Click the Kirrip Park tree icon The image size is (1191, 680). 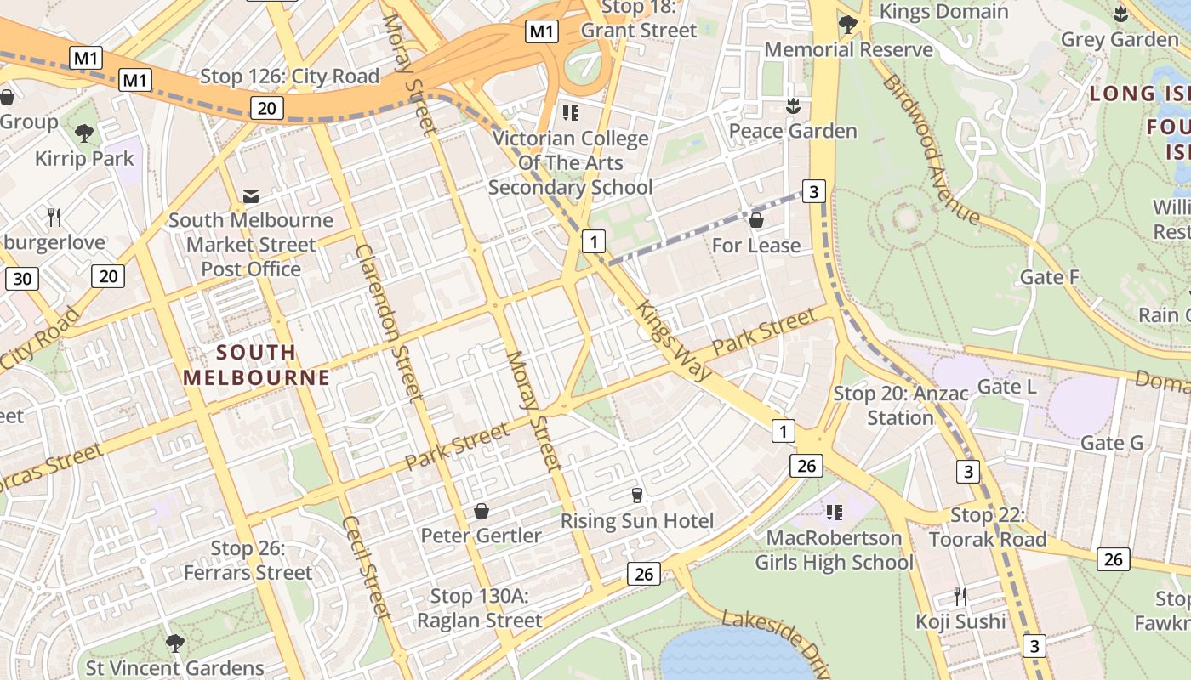83,133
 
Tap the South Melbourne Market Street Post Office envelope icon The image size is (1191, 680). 251,196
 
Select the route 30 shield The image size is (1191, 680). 22,279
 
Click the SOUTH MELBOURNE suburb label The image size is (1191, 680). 256,365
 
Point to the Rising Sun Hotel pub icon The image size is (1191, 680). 636,496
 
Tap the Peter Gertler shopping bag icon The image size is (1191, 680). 482,511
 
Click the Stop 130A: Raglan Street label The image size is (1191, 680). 479,609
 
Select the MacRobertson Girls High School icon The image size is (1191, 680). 834,513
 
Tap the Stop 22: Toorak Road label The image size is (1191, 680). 987,527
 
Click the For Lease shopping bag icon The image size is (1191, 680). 755,221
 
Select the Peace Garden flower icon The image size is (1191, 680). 793,106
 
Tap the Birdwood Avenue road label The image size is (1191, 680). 931,149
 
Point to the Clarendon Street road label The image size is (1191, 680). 390,323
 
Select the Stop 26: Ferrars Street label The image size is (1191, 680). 248,561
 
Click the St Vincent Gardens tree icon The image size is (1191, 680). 174,643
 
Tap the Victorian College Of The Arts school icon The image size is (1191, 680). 570,113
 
